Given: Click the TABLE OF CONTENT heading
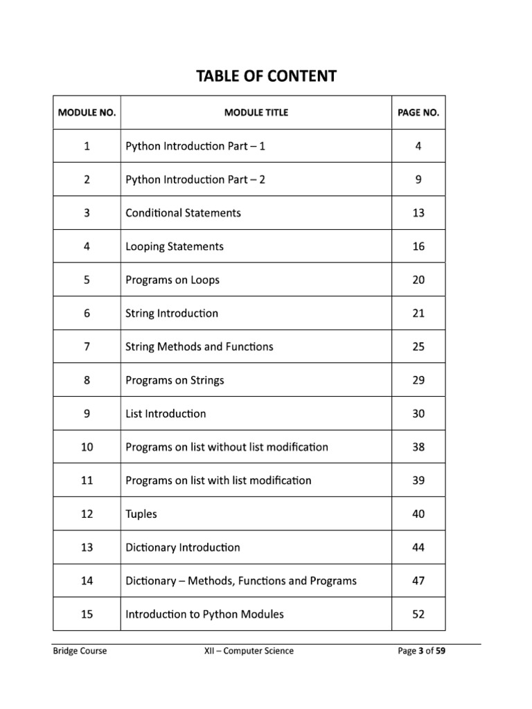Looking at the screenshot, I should click(266, 75).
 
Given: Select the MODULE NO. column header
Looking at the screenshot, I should click(87, 112).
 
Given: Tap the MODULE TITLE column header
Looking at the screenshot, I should click(256, 112).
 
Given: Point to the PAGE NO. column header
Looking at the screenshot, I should click(418, 112).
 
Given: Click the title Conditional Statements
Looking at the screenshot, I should click(183, 213).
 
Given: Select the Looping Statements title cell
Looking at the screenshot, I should click(175, 246).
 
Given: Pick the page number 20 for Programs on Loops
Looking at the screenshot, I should click(418, 280).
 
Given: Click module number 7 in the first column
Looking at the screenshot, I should click(87, 346).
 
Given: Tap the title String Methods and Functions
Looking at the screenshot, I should click(199, 346).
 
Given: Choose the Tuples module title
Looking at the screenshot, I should click(141, 514).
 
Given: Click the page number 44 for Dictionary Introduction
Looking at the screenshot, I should click(418, 547).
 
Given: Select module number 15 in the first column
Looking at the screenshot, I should click(87, 614).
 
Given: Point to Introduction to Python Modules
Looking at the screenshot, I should click(204, 614).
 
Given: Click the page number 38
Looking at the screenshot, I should click(418, 447).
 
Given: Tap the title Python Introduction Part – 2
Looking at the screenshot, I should click(195, 179).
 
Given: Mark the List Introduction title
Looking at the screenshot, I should click(166, 413).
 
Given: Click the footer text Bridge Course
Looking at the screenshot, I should click(80, 651).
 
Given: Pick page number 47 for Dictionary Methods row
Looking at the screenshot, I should click(418, 580).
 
